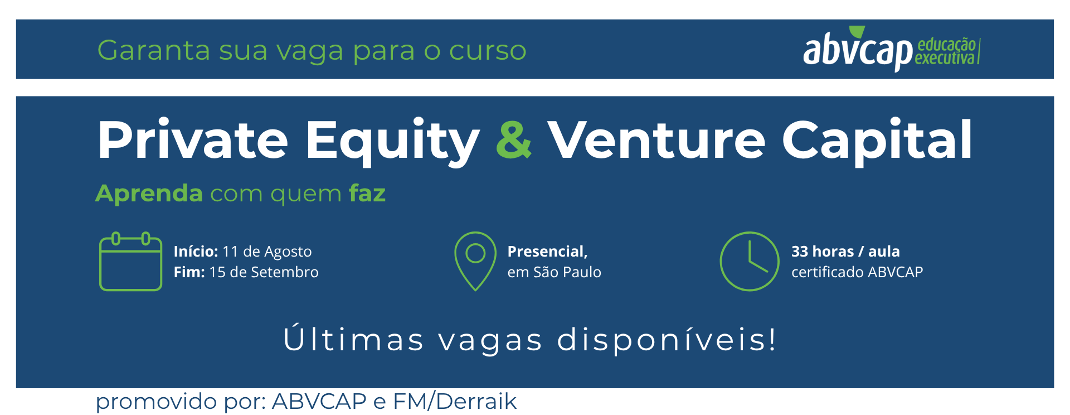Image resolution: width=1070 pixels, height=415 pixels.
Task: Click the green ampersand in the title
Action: click(x=513, y=139)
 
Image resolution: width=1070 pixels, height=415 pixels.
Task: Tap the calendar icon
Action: click(x=130, y=261)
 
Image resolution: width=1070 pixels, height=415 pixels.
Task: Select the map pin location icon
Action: click(x=475, y=261)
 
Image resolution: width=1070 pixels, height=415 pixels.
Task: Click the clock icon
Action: click(x=749, y=261)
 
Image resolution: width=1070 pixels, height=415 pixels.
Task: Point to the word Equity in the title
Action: click(x=392, y=142)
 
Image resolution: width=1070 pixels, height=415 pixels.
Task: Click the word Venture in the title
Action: click(x=656, y=139)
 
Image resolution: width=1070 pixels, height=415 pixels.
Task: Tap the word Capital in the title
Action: click(x=877, y=142)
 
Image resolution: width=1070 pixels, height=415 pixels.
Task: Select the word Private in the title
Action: click(x=193, y=139)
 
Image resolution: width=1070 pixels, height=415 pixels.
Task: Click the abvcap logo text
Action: click(x=858, y=50)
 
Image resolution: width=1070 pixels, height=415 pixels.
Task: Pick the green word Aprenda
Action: click(x=149, y=194)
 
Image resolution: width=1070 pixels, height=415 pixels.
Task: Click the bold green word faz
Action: click(x=367, y=193)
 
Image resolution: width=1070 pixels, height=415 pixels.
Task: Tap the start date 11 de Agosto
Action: click(x=267, y=252)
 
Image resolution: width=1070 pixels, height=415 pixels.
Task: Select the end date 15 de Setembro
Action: click(x=264, y=272)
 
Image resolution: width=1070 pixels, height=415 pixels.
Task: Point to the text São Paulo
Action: click(x=567, y=272)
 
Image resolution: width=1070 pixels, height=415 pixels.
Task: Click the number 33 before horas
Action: click(x=800, y=252)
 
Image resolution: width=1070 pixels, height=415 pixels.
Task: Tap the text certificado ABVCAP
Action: click(x=857, y=272)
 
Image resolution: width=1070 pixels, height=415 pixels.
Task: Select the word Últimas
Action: click(x=353, y=339)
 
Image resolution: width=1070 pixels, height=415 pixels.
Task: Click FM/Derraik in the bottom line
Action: click(x=455, y=402)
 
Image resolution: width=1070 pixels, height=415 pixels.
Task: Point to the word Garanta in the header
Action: click(x=154, y=50)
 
